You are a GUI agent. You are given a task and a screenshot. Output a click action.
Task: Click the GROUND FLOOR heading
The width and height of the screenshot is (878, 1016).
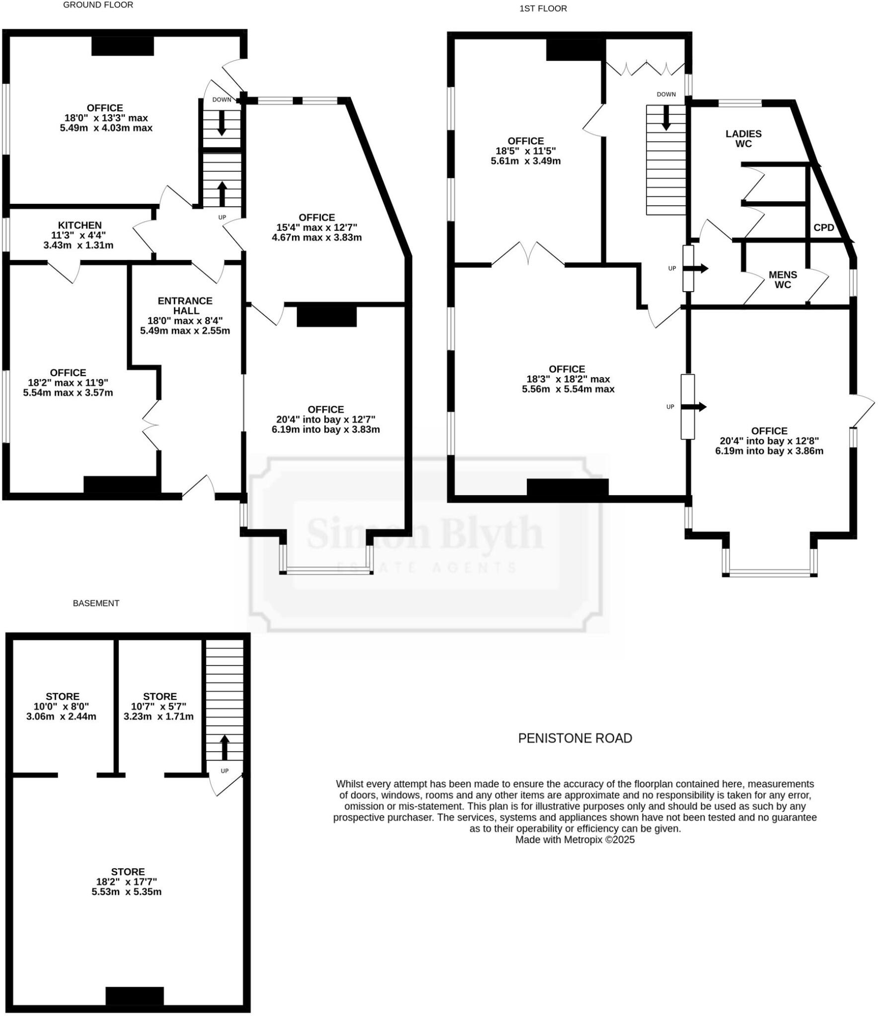98,5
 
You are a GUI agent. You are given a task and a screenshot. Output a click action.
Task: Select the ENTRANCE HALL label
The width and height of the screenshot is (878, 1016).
185,306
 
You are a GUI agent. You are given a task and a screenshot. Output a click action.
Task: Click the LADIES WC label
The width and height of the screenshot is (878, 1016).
743,138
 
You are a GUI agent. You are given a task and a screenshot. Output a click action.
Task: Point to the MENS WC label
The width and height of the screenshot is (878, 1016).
783,279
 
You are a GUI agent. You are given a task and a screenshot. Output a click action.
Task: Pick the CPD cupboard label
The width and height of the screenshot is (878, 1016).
823,228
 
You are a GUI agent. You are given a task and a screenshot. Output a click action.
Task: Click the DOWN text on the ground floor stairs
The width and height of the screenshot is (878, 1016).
221,99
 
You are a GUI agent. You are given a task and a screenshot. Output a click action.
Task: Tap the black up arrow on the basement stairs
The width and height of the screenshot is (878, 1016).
224,747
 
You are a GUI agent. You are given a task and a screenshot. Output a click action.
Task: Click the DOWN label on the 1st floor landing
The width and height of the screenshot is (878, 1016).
666,94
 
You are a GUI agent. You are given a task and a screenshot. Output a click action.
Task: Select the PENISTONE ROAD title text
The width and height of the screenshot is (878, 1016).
575,738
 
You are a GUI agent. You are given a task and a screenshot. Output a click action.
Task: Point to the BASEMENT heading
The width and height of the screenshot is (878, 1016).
96,603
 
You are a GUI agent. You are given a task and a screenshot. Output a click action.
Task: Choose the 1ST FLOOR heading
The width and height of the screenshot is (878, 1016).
543,8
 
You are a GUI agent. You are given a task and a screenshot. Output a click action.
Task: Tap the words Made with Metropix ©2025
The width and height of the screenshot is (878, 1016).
575,840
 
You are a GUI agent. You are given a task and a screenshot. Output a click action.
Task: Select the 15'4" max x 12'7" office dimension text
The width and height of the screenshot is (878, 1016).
317,227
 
